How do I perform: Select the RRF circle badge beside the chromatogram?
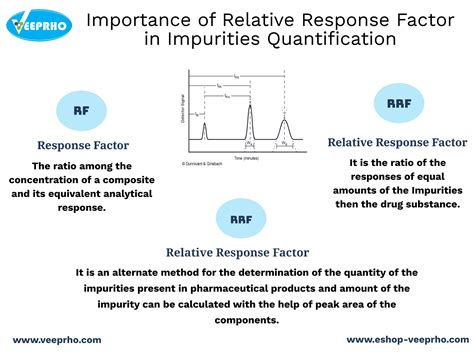click(x=391, y=103)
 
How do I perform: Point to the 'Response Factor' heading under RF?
click(x=79, y=143)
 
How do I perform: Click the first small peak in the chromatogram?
click(x=204, y=129)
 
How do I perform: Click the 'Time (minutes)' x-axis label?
click(x=247, y=158)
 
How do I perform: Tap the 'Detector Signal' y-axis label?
click(x=181, y=110)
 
